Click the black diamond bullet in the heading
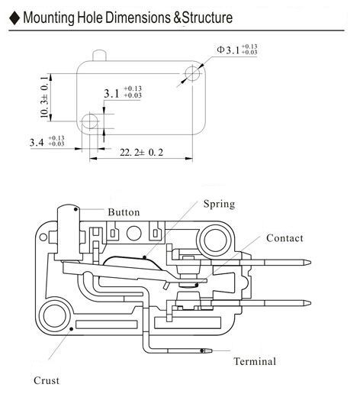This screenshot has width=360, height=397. (x=14, y=18)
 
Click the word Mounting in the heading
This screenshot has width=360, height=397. (x=49, y=18)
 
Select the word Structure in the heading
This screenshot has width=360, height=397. (x=207, y=18)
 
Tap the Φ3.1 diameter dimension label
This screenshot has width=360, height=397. (x=237, y=50)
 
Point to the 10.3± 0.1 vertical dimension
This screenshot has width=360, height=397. (x=44, y=97)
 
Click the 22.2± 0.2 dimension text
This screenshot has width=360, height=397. (x=141, y=153)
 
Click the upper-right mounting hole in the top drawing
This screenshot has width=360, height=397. (x=192, y=73)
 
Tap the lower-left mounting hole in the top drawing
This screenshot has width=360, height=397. (x=90, y=121)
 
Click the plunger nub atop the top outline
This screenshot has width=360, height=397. (x=99, y=56)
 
